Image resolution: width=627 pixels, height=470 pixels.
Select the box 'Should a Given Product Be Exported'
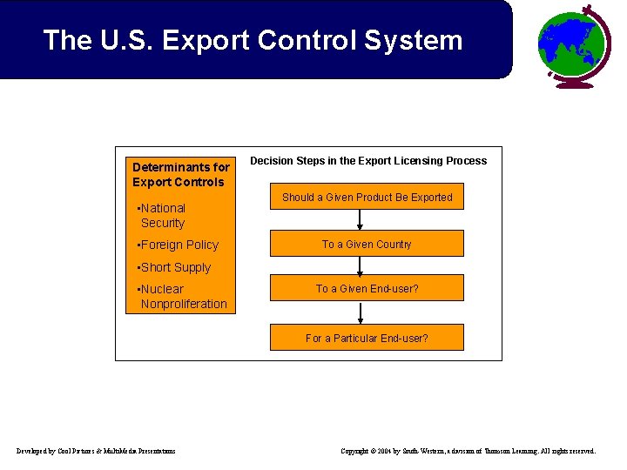click(x=367, y=198)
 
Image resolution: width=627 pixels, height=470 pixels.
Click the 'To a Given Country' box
click(x=367, y=245)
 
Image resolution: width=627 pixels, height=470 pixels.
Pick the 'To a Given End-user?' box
click(x=367, y=288)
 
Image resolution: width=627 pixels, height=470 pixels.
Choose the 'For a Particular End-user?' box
click(x=367, y=338)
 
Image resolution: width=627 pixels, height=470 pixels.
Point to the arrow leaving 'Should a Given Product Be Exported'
click(x=360, y=220)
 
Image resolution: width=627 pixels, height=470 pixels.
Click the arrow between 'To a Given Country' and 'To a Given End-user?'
click(x=360, y=265)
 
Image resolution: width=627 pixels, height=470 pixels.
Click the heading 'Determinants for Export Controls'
click(x=180, y=174)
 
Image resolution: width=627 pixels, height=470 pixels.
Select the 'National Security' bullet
click(x=162, y=216)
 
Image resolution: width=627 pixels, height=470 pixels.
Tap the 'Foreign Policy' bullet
click(x=179, y=245)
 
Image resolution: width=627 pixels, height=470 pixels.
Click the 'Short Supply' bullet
click(x=175, y=267)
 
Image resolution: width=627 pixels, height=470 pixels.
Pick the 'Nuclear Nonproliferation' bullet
click(x=183, y=296)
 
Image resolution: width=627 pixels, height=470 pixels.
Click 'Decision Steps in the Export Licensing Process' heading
click(x=368, y=161)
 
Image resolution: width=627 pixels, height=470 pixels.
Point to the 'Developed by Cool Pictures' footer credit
click(x=96, y=451)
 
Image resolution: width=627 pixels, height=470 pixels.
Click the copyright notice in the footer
click(x=469, y=451)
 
